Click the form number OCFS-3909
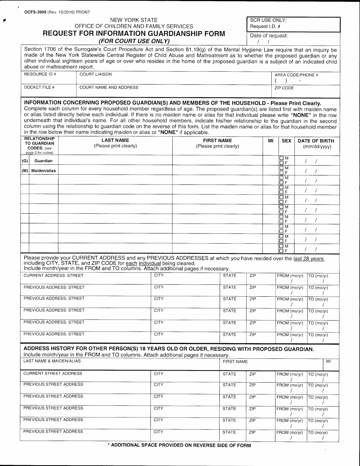pos(36,12)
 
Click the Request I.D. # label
pos(265,27)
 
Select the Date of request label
pos(269,36)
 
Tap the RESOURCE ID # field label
pos(40,75)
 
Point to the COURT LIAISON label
pos(95,75)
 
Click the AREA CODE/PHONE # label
pos(296,75)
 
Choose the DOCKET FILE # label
pos(39,88)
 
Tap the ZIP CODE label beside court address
pos(284,88)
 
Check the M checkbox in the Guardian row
pos(282,158)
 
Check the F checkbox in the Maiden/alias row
pos(282,172)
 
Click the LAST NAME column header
pos(115,141)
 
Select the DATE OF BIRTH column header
pos(316,141)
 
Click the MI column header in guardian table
pos(271,141)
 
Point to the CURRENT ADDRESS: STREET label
pos(53,275)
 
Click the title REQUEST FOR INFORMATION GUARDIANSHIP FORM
pos(134,33)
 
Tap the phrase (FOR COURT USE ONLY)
pos(134,41)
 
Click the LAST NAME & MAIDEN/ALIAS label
pos(52,361)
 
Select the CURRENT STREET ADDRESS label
pos(53,374)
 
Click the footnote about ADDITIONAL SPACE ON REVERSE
pos(179,446)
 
